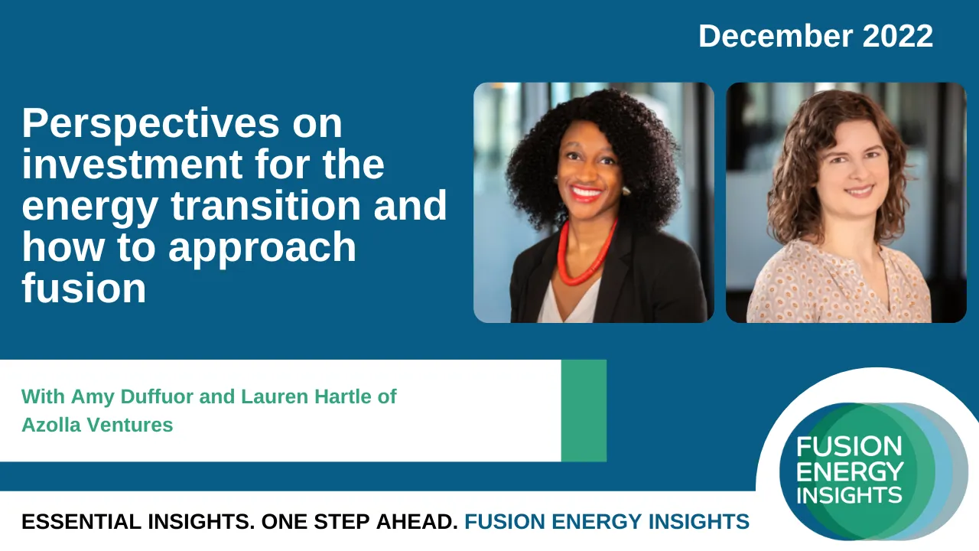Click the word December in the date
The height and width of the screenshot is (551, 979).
(776, 36)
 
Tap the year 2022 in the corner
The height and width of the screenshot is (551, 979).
(898, 36)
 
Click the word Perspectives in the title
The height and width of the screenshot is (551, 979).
(151, 125)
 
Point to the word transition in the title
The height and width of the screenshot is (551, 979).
(265, 205)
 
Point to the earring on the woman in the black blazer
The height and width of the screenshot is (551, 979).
(626, 191)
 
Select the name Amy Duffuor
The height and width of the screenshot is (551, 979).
(132, 396)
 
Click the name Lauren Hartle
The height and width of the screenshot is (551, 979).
(306, 396)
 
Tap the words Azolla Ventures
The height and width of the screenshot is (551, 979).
(97, 425)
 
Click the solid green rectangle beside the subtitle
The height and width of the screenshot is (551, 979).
(584, 411)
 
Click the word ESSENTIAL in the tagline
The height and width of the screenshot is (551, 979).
(81, 522)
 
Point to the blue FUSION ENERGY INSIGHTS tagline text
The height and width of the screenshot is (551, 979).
(607, 522)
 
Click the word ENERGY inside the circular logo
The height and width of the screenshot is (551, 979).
(850, 471)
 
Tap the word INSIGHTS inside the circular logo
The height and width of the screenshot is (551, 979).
(849, 495)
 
